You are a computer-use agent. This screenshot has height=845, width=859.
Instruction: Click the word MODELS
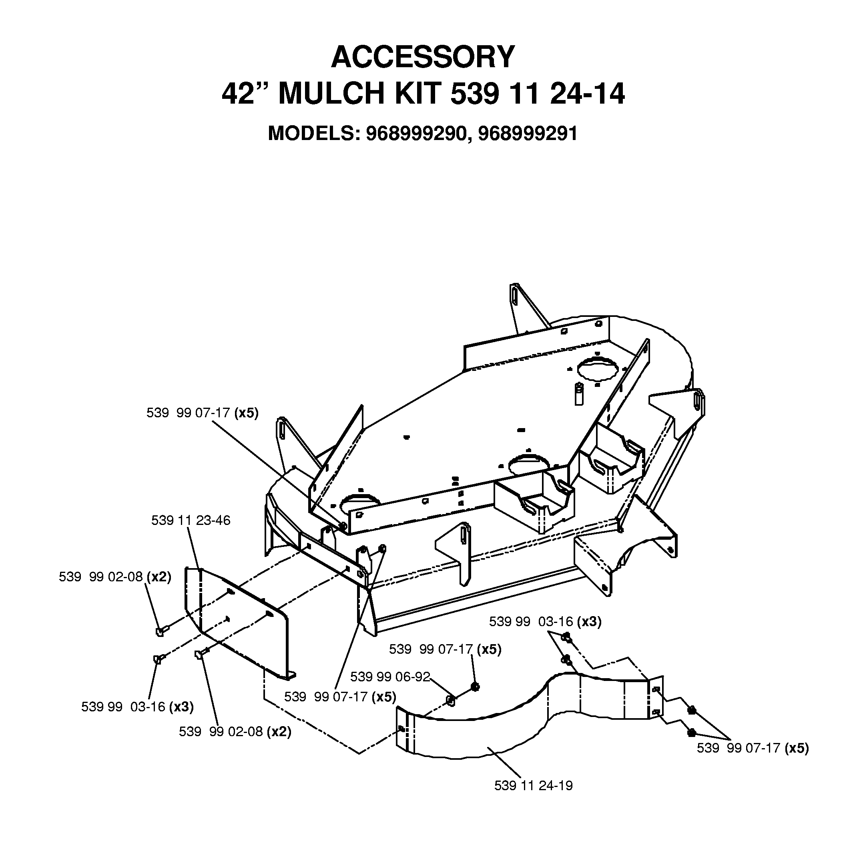(x=314, y=134)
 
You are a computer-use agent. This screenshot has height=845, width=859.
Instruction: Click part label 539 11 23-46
(x=191, y=520)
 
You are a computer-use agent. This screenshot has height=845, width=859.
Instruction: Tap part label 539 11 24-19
(x=534, y=785)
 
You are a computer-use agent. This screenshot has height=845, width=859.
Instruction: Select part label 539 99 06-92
(x=390, y=677)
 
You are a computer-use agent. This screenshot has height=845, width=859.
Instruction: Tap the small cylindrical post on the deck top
(x=578, y=394)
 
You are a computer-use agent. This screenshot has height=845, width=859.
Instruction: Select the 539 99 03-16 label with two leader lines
(x=545, y=622)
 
